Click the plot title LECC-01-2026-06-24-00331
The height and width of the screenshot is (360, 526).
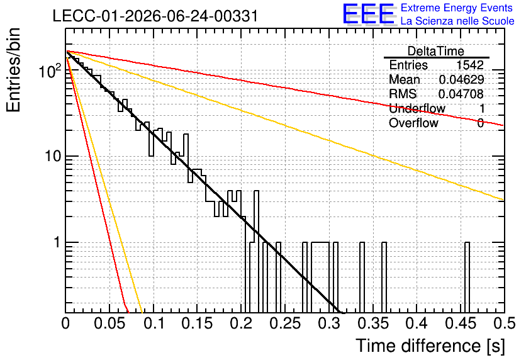click(155, 16)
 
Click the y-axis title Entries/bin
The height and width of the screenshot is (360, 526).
click(14, 70)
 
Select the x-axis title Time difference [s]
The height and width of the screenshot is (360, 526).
click(430, 346)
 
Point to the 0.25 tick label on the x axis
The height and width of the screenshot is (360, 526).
click(285, 323)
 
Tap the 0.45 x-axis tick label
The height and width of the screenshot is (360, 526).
click(461, 323)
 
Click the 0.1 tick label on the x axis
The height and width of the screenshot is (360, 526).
click(154, 323)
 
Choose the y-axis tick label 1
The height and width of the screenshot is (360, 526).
click(58, 242)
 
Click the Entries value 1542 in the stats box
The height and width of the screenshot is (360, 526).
click(470, 65)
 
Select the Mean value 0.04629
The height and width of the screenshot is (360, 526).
click(461, 79)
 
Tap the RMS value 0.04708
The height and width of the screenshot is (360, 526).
click(461, 94)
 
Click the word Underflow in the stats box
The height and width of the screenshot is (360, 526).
click(417, 108)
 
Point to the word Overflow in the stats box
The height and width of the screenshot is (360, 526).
click(413, 123)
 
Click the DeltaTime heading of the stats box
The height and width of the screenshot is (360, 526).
click(436, 51)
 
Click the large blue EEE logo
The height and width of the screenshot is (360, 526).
click(369, 14)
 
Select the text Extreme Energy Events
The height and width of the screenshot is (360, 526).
click(457, 8)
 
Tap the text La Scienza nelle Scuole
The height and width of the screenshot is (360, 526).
click(457, 21)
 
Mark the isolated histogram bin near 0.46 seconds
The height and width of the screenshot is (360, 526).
click(467, 277)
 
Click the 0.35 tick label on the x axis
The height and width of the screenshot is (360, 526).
click(372, 323)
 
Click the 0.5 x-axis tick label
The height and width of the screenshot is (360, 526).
click(504, 323)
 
